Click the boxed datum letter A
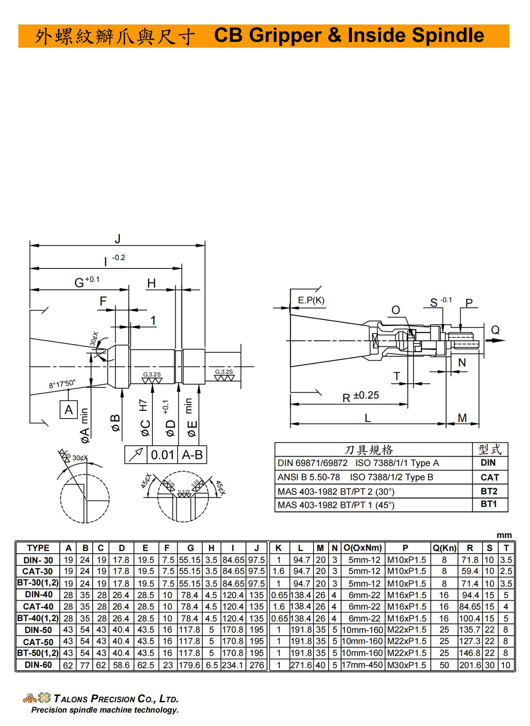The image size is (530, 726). tap(69, 409)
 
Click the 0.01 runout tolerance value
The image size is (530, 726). tap(163, 455)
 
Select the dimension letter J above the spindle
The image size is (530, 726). tap(117, 239)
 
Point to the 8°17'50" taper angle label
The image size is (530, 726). tap(62, 384)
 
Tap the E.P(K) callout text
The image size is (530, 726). tap(311, 300)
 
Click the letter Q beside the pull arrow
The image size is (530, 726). tap(495, 330)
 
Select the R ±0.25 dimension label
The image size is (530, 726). tap(360, 397)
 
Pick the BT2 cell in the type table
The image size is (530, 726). tap(489, 492)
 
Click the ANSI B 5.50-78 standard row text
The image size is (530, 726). tap(309, 477)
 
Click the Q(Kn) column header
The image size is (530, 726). tap(444, 548)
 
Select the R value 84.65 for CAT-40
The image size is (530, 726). tap(469, 606)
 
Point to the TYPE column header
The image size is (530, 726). tap(38, 548)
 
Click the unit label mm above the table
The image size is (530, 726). tap(504, 535)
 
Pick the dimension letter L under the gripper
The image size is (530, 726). tap(367, 418)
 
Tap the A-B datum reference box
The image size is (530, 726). tap(192, 455)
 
